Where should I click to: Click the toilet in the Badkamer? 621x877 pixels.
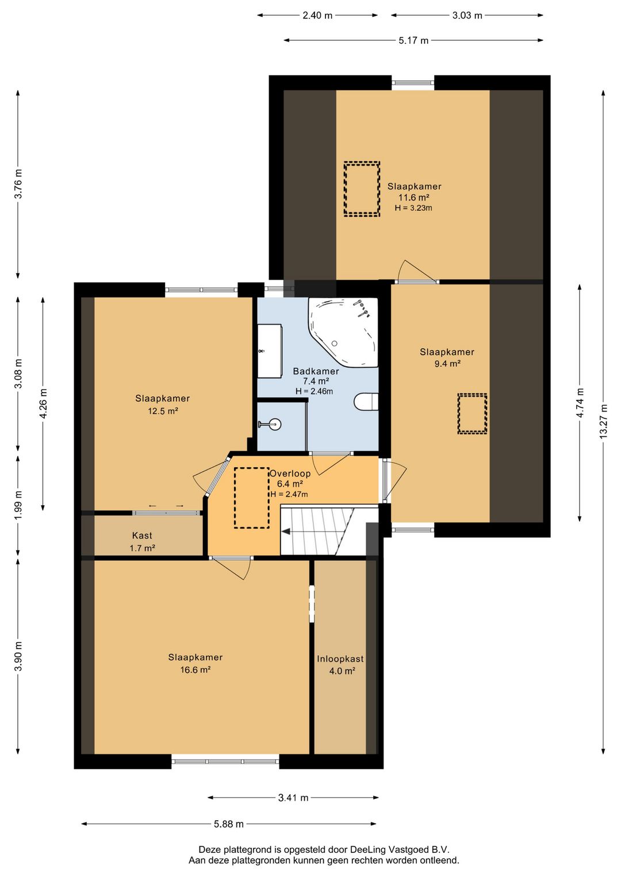(x=366, y=402)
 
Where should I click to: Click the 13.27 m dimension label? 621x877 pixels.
(x=603, y=421)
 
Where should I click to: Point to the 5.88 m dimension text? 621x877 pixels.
(x=229, y=824)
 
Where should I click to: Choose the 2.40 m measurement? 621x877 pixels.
(x=317, y=16)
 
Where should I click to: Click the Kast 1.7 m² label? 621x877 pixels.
(x=142, y=541)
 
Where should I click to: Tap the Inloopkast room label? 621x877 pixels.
(x=340, y=659)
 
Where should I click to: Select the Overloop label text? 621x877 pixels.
(x=290, y=474)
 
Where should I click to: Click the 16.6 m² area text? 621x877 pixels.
(x=195, y=670)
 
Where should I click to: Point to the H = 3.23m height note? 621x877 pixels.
(x=413, y=208)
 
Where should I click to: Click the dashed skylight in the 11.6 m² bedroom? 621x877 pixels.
(x=362, y=189)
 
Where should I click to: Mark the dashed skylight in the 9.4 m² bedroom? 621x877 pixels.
(x=472, y=414)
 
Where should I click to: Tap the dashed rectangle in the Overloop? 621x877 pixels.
(x=252, y=498)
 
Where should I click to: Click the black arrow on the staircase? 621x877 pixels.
(x=286, y=531)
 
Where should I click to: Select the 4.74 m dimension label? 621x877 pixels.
(x=580, y=403)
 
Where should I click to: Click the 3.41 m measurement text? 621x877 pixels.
(x=293, y=798)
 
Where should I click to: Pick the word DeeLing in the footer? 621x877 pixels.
(x=367, y=849)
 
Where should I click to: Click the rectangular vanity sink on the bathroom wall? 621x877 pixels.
(x=270, y=351)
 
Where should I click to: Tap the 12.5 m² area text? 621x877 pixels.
(x=163, y=411)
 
